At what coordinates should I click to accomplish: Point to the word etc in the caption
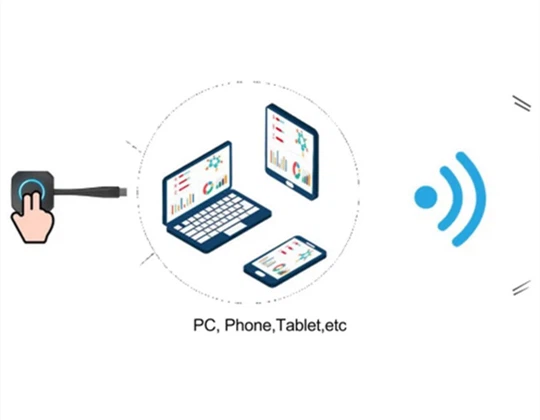point(336,326)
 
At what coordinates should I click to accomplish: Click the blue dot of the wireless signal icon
point(426,197)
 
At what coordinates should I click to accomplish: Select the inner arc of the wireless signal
point(456,198)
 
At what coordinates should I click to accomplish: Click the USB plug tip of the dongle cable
point(123,192)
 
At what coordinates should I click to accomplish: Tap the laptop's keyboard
point(216,217)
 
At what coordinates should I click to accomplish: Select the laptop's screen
point(199,181)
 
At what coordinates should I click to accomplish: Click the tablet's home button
point(290,184)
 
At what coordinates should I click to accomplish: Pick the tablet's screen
point(291,150)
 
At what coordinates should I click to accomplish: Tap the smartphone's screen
point(287,260)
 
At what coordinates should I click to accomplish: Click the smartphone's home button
point(260,273)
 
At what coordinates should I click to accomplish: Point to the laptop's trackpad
point(235,230)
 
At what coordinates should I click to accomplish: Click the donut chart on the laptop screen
point(208,188)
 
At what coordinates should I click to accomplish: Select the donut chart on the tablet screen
point(296,170)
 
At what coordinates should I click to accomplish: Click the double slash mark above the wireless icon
point(522,103)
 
